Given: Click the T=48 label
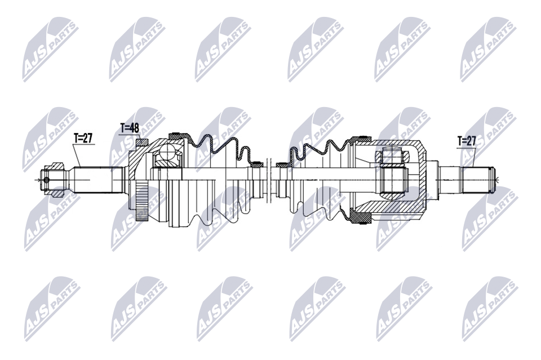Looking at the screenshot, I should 130,128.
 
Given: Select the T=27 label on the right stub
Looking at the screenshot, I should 467,141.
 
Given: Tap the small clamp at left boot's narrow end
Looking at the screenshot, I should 257,165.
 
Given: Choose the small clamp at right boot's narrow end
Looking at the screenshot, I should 281,165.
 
